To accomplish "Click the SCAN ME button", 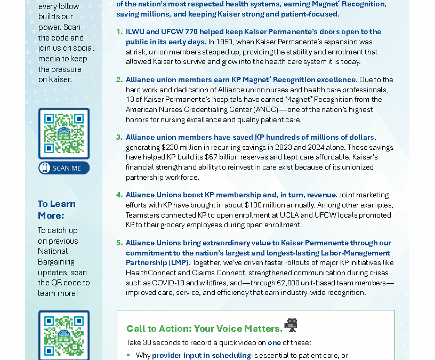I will (64, 168).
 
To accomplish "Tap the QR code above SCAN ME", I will (64, 133).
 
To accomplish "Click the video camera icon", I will (291, 325).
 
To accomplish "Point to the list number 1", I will (119, 32).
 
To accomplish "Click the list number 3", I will (119, 138).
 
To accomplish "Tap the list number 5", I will (119, 243).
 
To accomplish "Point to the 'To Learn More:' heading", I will (57, 210).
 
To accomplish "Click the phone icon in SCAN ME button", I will (46, 168).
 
